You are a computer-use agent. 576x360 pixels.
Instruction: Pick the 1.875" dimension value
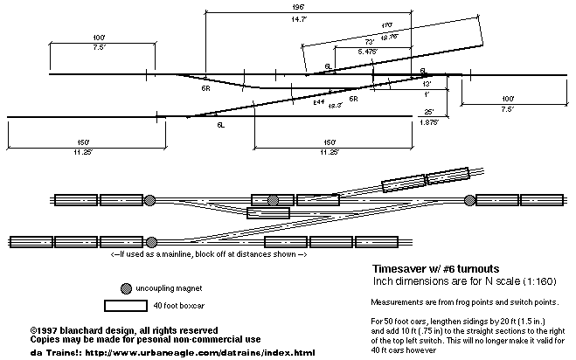(x=427, y=123)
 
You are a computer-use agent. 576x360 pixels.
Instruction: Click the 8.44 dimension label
(x=319, y=102)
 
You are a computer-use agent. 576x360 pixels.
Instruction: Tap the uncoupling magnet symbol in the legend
(x=128, y=289)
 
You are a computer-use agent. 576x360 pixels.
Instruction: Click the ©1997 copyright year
(x=45, y=330)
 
